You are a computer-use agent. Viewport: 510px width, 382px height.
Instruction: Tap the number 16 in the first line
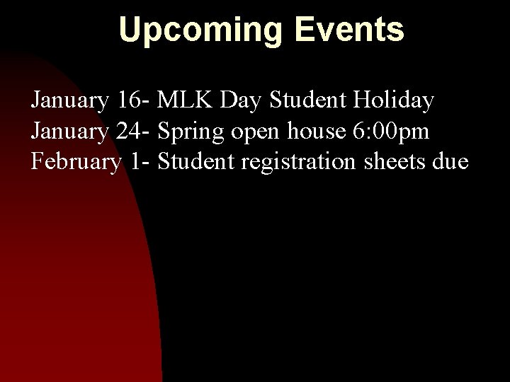point(130,101)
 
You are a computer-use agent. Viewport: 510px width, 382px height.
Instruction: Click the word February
point(76,163)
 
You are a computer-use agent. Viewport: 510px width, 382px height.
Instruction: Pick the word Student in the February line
point(198,162)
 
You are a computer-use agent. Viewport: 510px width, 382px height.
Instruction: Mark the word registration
point(301,163)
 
